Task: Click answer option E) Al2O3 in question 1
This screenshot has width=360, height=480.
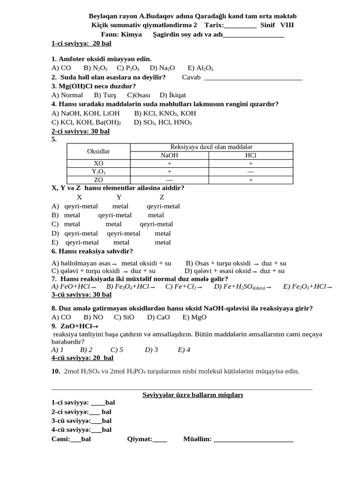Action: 200,68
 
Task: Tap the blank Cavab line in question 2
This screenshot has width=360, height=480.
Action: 253,78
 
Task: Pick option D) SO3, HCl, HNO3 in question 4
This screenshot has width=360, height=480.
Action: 163,122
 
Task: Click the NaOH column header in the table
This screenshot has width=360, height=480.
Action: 169,155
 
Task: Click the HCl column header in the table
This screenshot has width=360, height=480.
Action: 251,155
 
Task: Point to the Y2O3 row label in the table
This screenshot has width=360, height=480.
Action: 98,172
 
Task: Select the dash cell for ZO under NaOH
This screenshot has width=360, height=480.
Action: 169,180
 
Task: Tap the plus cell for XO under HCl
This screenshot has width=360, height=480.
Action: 251,164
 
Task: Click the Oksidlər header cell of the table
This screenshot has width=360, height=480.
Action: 98,151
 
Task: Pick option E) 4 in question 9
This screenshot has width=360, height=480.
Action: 184,350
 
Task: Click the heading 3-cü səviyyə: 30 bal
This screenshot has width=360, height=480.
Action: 82,295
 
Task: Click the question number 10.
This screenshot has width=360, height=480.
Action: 56,371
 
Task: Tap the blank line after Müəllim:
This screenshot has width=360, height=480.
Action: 253,439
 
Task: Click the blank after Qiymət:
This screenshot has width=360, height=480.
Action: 160,439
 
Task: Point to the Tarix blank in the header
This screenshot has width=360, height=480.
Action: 240,26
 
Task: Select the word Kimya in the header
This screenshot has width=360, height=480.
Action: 131,35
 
